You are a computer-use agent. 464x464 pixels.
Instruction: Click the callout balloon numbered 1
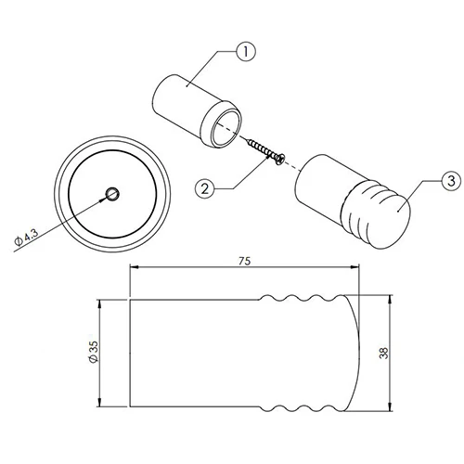(x=246, y=52)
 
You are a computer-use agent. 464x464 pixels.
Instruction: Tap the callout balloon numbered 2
(x=205, y=188)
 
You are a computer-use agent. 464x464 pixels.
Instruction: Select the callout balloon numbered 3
(x=452, y=180)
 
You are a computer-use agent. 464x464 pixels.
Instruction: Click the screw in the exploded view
(x=266, y=151)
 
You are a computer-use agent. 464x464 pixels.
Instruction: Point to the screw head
(x=280, y=160)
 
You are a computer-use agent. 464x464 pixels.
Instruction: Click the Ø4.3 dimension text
(x=27, y=237)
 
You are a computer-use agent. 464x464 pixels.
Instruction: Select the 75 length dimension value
(x=244, y=261)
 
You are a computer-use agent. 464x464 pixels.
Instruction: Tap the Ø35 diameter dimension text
(x=93, y=352)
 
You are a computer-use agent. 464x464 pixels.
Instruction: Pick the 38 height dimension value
(x=383, y=353)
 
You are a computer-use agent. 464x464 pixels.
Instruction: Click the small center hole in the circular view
(x=112, y=194)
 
